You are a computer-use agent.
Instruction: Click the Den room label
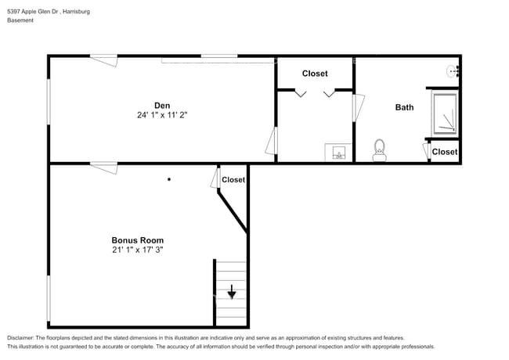coord(162,106)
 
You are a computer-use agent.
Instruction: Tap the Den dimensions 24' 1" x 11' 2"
coord(162,115)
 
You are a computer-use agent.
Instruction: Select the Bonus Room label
coord(138,240)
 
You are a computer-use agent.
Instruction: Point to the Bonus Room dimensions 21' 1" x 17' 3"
coord(138,250)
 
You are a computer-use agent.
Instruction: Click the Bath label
coord(404,107)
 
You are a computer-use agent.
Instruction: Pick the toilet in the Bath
coord(380,149)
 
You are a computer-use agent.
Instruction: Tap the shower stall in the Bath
coord(446,112)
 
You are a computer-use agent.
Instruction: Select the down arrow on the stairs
coord(232,293)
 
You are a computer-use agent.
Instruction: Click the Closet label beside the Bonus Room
coord(233,180)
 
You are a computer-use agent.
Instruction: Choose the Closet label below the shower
coord(445,152)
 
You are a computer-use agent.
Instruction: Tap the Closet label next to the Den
coord(315,74)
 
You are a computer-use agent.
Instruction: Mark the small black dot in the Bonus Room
coord(168,179)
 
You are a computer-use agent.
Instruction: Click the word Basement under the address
coord(20,20)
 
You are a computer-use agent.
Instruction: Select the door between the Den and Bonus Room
coord(103,167)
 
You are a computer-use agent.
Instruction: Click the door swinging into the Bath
coord(359,107)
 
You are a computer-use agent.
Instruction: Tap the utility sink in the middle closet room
coord(339,152)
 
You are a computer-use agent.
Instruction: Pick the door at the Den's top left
coord(103,59)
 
